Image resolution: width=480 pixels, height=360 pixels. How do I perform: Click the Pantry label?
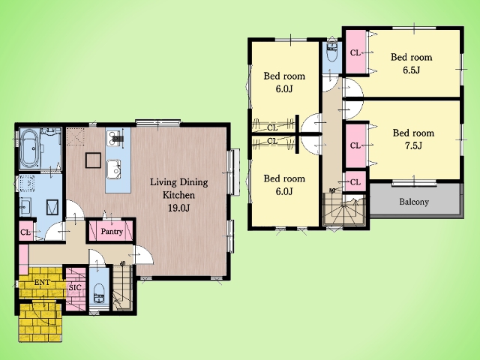point(112,232)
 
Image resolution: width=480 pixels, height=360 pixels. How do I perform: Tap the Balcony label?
point(414,202)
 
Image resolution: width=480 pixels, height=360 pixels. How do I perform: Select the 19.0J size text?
point(179,208)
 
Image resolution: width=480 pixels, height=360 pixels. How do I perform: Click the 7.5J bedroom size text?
point(413,145)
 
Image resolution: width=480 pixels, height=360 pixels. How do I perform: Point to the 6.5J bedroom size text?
point(412,70)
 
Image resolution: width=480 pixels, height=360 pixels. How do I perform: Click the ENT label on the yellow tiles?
point(42,283)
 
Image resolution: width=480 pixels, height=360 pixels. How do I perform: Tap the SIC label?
point(75,288)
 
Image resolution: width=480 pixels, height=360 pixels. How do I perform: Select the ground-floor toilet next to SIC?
point(99,293)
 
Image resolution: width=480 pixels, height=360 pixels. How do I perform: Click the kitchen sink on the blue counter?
point(113,169)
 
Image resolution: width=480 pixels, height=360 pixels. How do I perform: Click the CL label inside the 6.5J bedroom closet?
point(355,52)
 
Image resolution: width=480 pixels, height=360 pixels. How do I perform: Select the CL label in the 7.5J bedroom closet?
point(355,145)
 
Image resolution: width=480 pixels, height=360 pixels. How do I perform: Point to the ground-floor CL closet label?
point(25,232)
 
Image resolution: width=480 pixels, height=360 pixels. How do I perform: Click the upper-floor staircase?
point(344,211)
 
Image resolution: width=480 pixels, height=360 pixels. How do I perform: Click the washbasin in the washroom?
point(25,207)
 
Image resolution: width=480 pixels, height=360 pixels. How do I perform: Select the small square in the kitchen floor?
point(93,160)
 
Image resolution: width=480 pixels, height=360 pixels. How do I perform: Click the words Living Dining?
point(178,182)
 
